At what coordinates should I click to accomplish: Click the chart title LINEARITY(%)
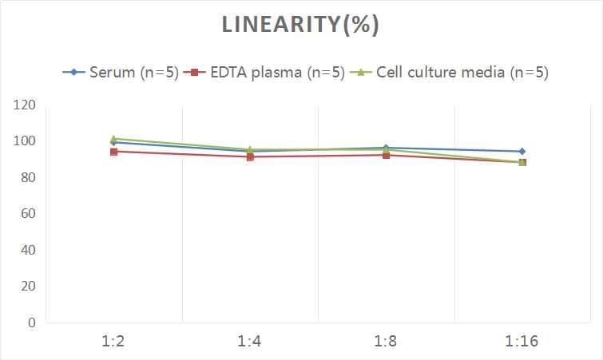click(x=300, y=26)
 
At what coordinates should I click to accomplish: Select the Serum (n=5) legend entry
click(x=121, y=72)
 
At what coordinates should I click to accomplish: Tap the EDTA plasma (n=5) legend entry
click(x=264, y=72)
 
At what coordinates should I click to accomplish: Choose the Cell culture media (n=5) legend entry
click(x=452, y=72)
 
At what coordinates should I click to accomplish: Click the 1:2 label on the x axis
click(x=114, y=342)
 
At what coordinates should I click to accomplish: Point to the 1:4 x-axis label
click(x=250, y=342)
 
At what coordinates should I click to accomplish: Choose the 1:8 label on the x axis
click(x=386, y=342)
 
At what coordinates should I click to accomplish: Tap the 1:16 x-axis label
click(x=522, y=342)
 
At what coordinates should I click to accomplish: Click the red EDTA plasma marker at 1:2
click(x=114, y=152)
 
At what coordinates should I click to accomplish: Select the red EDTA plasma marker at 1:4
click(x=250, y=157)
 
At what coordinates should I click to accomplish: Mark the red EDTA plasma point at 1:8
click(x=386, y=155)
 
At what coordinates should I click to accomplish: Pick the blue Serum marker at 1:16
click(x=522, y=151)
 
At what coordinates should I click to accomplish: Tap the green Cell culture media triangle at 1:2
click(x=114, y=139)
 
